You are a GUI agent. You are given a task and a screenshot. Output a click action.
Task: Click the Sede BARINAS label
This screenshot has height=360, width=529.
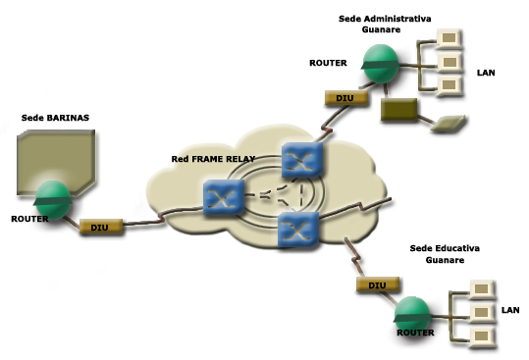55,118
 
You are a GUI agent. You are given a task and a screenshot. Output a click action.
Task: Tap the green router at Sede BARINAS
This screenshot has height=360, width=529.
53,200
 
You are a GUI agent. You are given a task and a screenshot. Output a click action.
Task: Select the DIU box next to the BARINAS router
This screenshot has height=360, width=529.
101,227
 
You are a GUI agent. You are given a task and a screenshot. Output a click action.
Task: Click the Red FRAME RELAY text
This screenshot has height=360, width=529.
213,159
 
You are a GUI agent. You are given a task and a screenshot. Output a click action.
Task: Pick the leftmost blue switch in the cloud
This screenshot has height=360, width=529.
224,197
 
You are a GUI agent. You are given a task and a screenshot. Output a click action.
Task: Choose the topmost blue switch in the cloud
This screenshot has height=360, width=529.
302,160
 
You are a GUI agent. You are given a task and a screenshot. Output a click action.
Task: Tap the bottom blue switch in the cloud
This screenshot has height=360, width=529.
298,230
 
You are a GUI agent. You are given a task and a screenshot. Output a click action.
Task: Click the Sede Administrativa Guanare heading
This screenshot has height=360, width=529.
385,24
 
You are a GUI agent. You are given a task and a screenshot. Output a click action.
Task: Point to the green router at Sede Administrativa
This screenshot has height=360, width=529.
381,64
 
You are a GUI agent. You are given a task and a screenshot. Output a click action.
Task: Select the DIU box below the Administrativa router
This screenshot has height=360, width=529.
346,98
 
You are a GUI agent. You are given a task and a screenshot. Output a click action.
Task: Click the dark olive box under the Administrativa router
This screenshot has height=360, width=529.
398,109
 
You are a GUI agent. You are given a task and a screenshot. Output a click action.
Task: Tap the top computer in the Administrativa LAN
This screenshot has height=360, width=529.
450,38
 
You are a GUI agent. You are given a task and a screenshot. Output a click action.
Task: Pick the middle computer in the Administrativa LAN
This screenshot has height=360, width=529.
450,63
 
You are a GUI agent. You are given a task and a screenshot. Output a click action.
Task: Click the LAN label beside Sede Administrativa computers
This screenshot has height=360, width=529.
486,73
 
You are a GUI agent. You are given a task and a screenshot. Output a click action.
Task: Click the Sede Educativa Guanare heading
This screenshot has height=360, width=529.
445,254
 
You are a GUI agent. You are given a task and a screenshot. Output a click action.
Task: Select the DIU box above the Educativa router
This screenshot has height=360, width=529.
378,284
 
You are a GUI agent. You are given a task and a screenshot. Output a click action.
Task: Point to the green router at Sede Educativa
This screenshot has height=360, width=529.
412,316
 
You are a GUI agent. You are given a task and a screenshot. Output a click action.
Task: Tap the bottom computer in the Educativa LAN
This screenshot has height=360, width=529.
482,336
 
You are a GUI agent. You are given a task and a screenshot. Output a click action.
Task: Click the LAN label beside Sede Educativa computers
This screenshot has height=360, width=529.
510,310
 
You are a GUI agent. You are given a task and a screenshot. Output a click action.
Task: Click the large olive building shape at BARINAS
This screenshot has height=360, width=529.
56,162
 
